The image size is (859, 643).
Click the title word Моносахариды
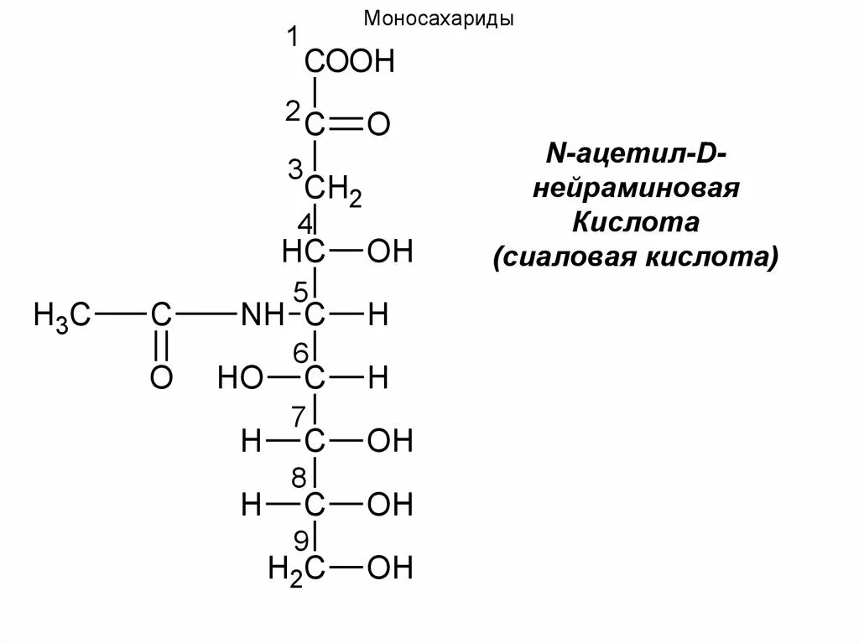coord(439,18)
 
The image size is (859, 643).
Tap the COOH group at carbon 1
coord(349,62)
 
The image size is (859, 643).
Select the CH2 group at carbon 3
coord(333,190)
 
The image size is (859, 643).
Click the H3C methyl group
coord(61,316)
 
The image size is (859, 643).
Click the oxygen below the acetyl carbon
coord(161,377)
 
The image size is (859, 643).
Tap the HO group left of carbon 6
coord(241,378)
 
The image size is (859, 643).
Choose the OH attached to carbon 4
coord(391,251)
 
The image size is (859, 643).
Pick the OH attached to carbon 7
coord(391,442)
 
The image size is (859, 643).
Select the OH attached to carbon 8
coord(391,506)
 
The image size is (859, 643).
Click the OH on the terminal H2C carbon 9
coord(391,569)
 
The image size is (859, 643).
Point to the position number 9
coord(300,538)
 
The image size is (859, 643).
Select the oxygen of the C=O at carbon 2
coord(379,127)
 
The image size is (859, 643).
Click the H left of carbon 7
coord(251,442)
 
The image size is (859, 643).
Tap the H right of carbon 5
coord(378,316)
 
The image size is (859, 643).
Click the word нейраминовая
coord(637,188)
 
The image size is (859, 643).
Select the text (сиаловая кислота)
coord(637,256)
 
